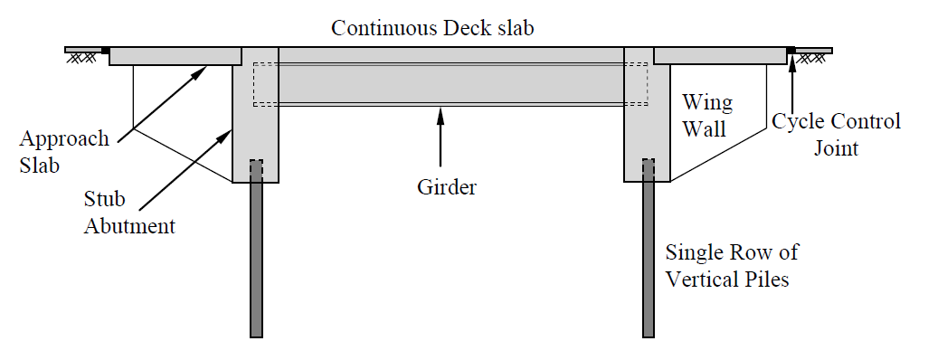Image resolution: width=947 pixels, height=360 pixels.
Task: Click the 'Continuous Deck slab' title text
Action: (432, 27)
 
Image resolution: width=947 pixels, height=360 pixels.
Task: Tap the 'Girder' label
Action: (446, 187)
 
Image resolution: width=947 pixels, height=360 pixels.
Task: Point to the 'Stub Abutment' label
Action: (129, 213)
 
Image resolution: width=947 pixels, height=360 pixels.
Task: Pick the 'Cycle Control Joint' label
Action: (836, 133)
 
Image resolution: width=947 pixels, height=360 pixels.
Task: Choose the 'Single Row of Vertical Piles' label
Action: (732, 265)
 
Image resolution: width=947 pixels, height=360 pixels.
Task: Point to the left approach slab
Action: (175, 56)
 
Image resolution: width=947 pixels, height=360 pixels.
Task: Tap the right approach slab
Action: (719, 56)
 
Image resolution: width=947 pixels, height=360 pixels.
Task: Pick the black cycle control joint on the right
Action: (791, 50)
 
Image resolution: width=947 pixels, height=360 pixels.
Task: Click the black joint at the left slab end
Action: (106, 50)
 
